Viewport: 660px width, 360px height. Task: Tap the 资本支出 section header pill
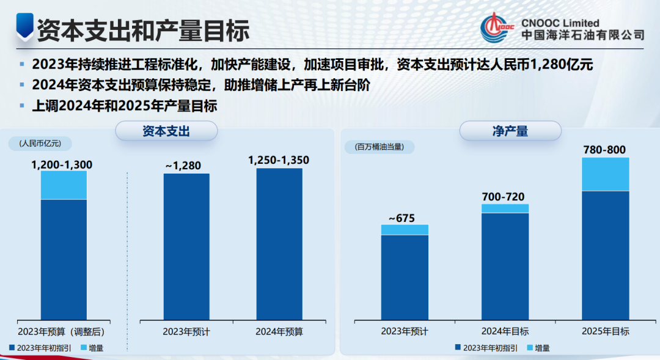166,131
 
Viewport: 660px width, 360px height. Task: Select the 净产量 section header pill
510,131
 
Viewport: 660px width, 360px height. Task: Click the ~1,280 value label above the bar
183,165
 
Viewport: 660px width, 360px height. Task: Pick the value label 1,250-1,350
279,160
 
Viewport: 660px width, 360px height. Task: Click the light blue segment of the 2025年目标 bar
605,174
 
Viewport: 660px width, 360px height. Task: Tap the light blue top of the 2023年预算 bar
64,185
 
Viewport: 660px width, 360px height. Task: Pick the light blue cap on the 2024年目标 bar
505,208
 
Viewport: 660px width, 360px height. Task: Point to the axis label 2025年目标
605,331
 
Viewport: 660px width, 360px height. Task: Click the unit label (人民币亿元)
40,144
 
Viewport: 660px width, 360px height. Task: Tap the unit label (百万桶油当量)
380,147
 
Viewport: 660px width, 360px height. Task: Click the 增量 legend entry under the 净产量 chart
537,348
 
